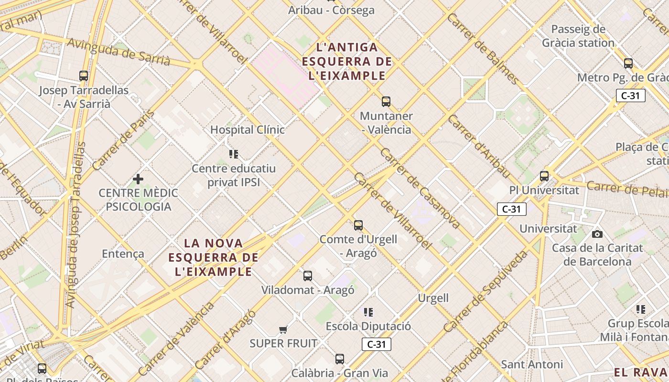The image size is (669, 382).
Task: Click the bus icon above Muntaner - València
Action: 386,101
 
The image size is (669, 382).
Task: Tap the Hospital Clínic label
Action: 247,129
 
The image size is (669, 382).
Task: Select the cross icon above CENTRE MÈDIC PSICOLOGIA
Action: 138,179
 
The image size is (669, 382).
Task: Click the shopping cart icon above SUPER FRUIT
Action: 283,329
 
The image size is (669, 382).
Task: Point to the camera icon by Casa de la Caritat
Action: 597,234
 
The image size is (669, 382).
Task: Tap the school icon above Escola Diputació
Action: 368,312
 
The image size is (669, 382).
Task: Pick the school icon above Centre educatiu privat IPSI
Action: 234,154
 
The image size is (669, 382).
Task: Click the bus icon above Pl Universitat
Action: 544,176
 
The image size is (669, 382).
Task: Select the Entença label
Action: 123,254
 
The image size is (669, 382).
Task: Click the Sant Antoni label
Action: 532,364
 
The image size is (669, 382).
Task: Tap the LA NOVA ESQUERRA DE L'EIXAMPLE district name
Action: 213,257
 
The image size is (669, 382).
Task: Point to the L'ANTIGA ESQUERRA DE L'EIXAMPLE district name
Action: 347,61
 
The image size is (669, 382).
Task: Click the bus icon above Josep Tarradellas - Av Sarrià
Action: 84,75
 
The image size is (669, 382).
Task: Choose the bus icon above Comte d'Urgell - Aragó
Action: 358,225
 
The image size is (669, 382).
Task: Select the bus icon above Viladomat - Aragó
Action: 308,276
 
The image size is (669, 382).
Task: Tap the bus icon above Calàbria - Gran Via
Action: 339,359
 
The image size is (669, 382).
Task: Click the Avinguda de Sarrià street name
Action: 119,52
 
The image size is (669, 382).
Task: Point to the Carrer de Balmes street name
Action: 483,48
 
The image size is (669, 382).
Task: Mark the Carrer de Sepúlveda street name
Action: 486,291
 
